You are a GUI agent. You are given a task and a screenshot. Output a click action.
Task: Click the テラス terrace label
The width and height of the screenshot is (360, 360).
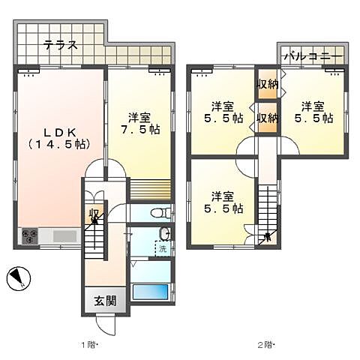click(60, 45)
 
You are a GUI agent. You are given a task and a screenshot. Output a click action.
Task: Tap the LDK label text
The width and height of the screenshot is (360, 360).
click(60, 133)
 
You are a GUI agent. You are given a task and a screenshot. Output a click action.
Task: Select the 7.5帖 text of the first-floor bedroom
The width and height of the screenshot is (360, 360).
click(140, 129)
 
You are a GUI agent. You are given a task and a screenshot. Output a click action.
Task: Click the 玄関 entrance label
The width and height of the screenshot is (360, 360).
click(105, 301)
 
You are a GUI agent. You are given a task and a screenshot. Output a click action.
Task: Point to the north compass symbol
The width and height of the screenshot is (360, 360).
click(19, 278)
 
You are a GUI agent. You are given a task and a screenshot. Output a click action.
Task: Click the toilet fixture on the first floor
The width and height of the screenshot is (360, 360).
click(160, 213)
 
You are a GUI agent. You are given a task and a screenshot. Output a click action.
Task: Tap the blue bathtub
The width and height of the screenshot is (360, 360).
click(150, 292)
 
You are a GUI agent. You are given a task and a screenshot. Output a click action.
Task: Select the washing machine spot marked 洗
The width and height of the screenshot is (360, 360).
click(163, 249)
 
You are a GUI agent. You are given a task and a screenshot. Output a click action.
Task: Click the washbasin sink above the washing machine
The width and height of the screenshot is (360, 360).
click(164, 234)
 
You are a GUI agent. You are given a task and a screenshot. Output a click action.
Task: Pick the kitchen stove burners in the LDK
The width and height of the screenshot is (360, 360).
click(30, 235)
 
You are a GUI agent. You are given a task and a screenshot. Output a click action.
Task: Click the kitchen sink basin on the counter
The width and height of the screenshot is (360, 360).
click(64, 236)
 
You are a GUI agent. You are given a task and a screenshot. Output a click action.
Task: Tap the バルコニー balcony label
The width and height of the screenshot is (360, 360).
click(313, 55)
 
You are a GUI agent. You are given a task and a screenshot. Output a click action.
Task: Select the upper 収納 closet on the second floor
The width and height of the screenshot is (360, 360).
click(268, 84)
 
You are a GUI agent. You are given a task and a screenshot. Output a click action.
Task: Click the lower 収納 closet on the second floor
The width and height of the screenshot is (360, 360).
click(268, 118)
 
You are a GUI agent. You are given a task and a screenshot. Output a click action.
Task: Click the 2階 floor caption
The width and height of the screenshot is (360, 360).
click(265, 345)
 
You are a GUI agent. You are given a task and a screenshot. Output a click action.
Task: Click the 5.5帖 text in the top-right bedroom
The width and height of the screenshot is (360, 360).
click(313, 118)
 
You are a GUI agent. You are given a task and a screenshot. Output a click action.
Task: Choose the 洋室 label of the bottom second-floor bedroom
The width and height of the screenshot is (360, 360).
click(223, 196)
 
